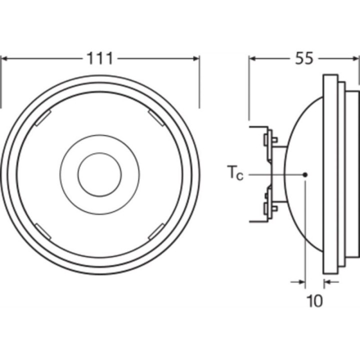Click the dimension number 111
[x=100, y=58]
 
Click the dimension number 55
[x=303, y=58]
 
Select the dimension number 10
[x=314, y=300]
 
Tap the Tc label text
[x=235, y=174]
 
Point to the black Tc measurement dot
[x=305, y=174]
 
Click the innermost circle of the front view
[x=99, y=174]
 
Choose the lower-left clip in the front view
[x=42, y=231]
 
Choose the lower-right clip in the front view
[x=156, y=230]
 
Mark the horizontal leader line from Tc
[x=275, y=174]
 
